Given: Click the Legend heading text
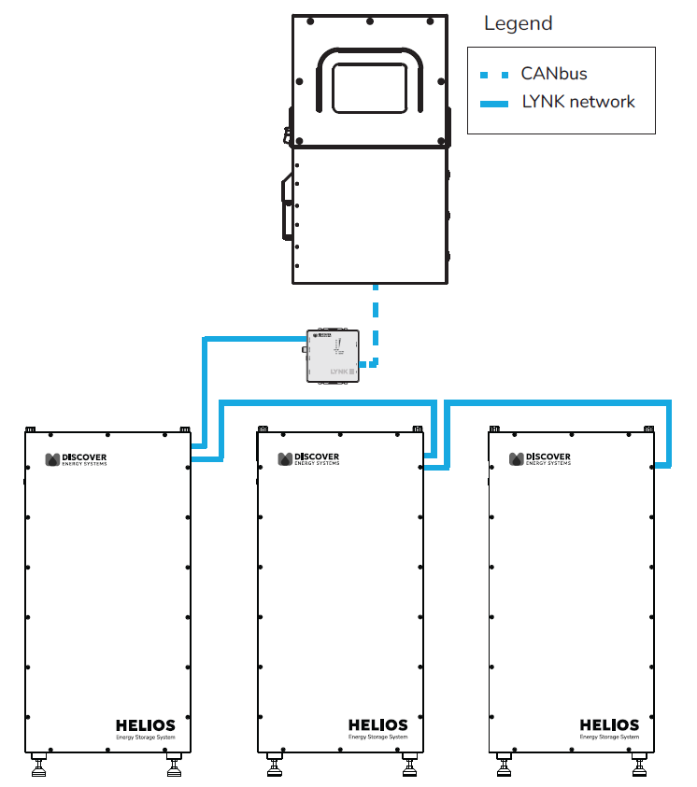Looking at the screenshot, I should (518, 23).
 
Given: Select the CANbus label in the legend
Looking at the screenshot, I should (554, 73).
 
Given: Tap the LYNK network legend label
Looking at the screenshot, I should (578, 102).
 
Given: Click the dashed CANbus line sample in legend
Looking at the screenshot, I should (493, 74).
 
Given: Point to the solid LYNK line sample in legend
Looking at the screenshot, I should (493, 103).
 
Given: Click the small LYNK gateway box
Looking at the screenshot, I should (334, 355).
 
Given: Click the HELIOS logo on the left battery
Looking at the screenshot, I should (145, 725).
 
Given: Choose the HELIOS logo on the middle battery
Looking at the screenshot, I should (377, 725).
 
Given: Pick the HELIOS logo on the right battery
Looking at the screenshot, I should (609, 725).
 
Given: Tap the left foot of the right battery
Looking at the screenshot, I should (505, 767).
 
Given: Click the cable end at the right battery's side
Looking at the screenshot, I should (661, 464).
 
